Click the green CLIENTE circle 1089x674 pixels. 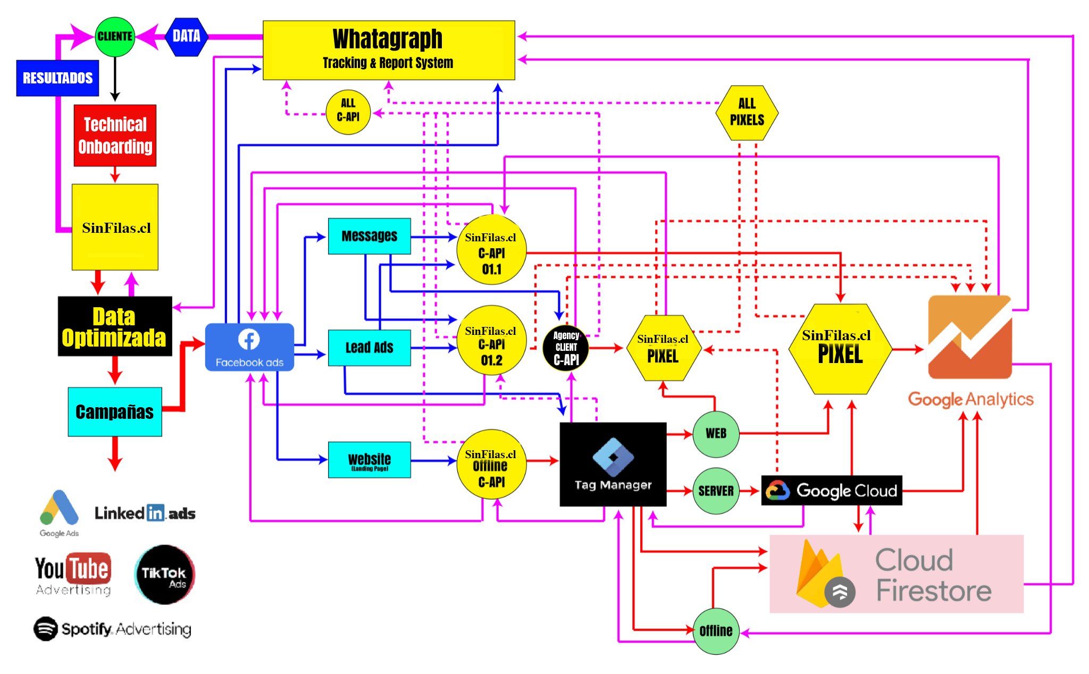tap(115, 36)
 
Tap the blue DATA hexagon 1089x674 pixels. tap(186, 36)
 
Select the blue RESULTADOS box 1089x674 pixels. tap(57, 78)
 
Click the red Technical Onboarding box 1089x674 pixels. tap(115, 136)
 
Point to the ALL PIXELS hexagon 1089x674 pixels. tap(747, 112)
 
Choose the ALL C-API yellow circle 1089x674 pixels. tap(348, 112)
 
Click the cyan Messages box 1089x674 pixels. tap(369, 236)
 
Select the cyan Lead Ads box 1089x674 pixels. tap(369, 348)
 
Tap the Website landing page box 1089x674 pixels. tap(369, 460)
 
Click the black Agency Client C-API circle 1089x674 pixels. tap(566, 348)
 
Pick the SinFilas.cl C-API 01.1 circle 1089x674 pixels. tap(491, 250)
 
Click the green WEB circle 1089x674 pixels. tap(716, 434)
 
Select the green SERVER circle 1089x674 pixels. tap(716, 491)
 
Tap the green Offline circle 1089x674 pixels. tap(716, 631)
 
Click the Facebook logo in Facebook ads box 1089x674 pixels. tap(249, 339)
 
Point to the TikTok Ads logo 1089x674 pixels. tap(164, 575)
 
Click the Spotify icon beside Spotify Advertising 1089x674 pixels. tap(46, 629)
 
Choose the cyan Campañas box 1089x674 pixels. tap(115, 412)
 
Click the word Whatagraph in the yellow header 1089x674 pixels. tap(387, 39)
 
